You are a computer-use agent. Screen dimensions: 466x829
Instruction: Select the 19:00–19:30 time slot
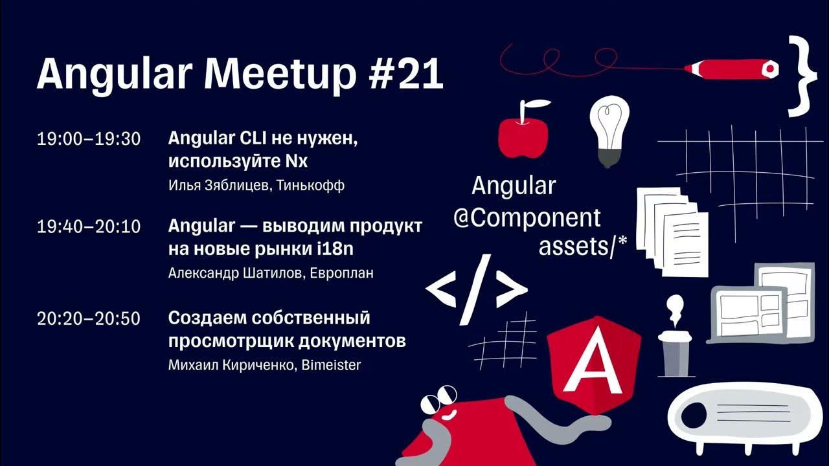pos(89,139)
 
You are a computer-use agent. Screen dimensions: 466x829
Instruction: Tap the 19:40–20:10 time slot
pos(89,227)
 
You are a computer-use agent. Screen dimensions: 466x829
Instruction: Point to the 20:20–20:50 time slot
pos(89,318)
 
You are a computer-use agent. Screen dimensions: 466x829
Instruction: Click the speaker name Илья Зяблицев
pos(218,186)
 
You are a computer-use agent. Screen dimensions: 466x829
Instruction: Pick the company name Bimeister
pos(331,365)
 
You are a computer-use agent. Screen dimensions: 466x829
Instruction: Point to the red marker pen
pos(732,68)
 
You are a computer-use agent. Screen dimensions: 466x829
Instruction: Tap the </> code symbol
pos(476,290)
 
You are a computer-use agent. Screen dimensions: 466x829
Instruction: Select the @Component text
pos(527,218)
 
